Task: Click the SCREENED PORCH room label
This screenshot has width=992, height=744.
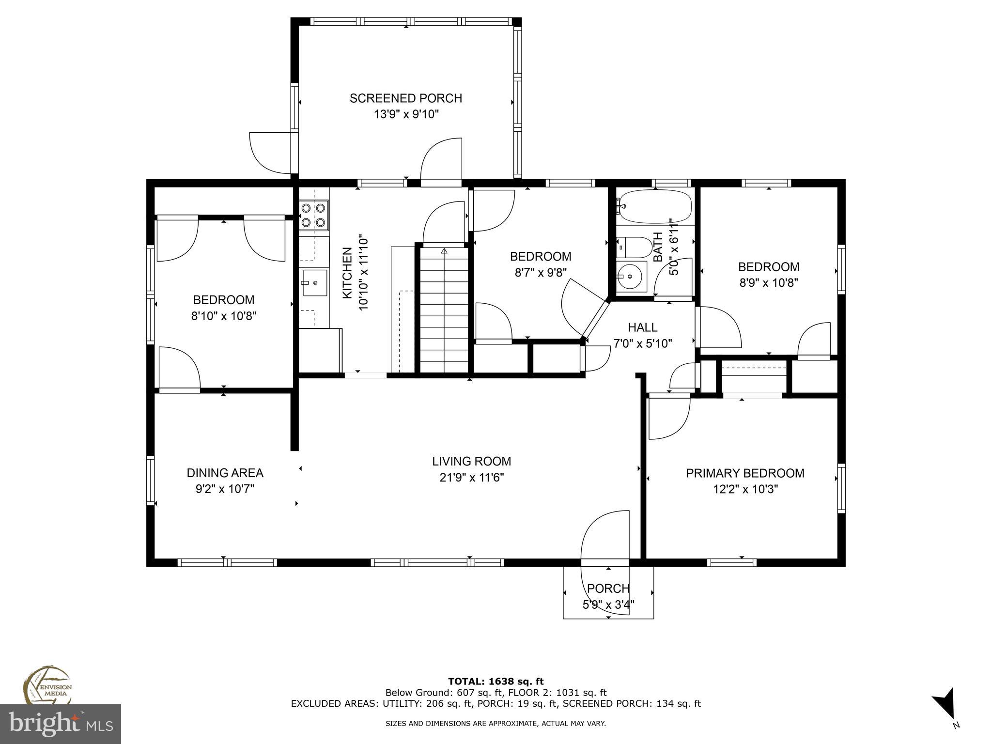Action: coord(405,98)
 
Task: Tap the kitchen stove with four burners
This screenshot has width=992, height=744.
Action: coord(313,215)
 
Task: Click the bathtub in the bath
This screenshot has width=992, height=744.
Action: coord(654,207)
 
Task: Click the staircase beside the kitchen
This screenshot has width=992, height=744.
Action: coord(444,310)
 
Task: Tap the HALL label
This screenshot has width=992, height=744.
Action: coord(642,327)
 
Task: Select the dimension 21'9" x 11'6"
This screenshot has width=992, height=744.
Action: coord(471,478)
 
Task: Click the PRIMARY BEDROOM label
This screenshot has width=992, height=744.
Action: coord(744,473)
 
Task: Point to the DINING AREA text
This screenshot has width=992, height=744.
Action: coord(225,473)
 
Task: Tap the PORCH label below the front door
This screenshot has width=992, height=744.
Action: coord(608,589)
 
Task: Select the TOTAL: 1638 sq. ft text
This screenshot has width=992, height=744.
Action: coord(496,682)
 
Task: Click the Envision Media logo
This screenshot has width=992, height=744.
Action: coord(47,685)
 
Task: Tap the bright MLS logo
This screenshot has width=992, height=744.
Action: coord(61,724)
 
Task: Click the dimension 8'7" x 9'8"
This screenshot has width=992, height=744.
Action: coord(540,273)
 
